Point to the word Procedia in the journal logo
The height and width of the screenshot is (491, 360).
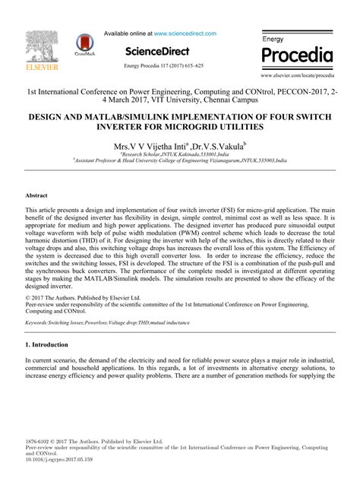click(297, 55)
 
